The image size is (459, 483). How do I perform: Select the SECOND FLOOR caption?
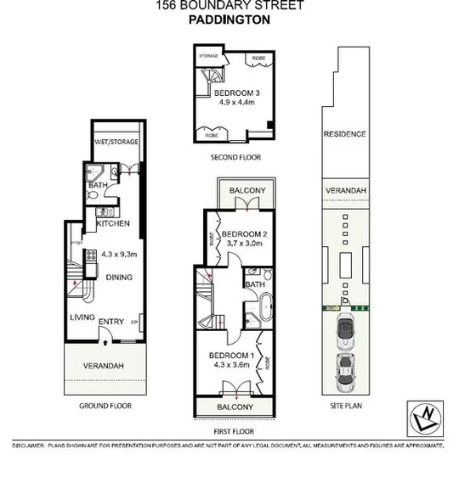click(x=236, y=158)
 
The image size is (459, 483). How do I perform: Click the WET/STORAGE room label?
click(x=116, y=143)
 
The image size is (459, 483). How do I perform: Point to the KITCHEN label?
click(x=112, y=224)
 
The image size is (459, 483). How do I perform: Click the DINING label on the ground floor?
click(x=119, y=277)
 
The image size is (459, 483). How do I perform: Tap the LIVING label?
click(x=82, y=317)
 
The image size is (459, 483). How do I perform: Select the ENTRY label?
click(x=112, y=322)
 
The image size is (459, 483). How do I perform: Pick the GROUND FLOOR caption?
click(x=105, y=407)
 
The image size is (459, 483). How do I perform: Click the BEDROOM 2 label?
click(x=246, y=233)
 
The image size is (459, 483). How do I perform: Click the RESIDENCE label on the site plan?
click(x=344, y=134)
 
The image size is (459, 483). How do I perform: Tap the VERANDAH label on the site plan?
click(x=344, y=191)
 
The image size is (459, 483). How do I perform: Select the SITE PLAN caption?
click(x=344, y=407)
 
